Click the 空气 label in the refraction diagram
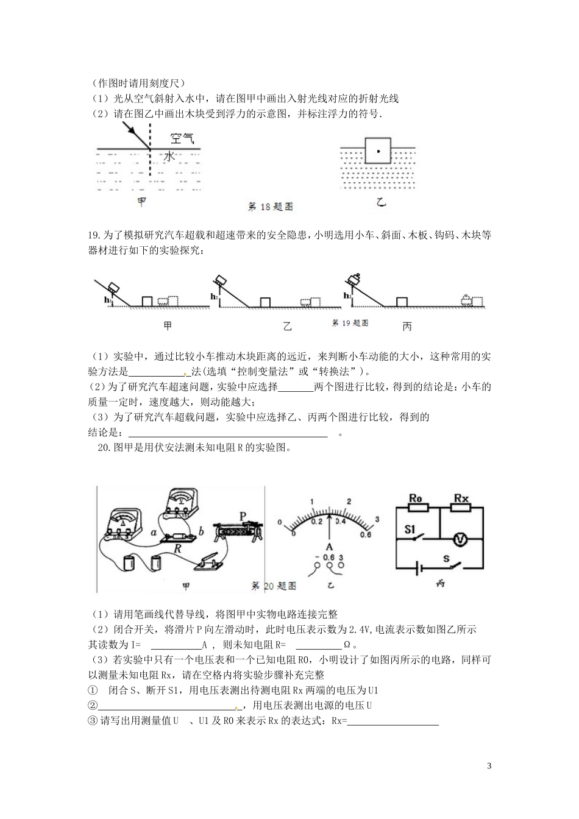tap(182, 140)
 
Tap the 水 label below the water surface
tap(169, 157)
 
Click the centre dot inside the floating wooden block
tap(378, 150)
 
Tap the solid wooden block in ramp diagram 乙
tap(265, 302)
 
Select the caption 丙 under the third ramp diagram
tap(407, 327)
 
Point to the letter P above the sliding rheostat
tap(243, 516)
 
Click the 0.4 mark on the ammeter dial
tap(340, 522)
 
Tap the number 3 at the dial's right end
tap(377, 519)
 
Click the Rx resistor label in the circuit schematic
tap(461, 498)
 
